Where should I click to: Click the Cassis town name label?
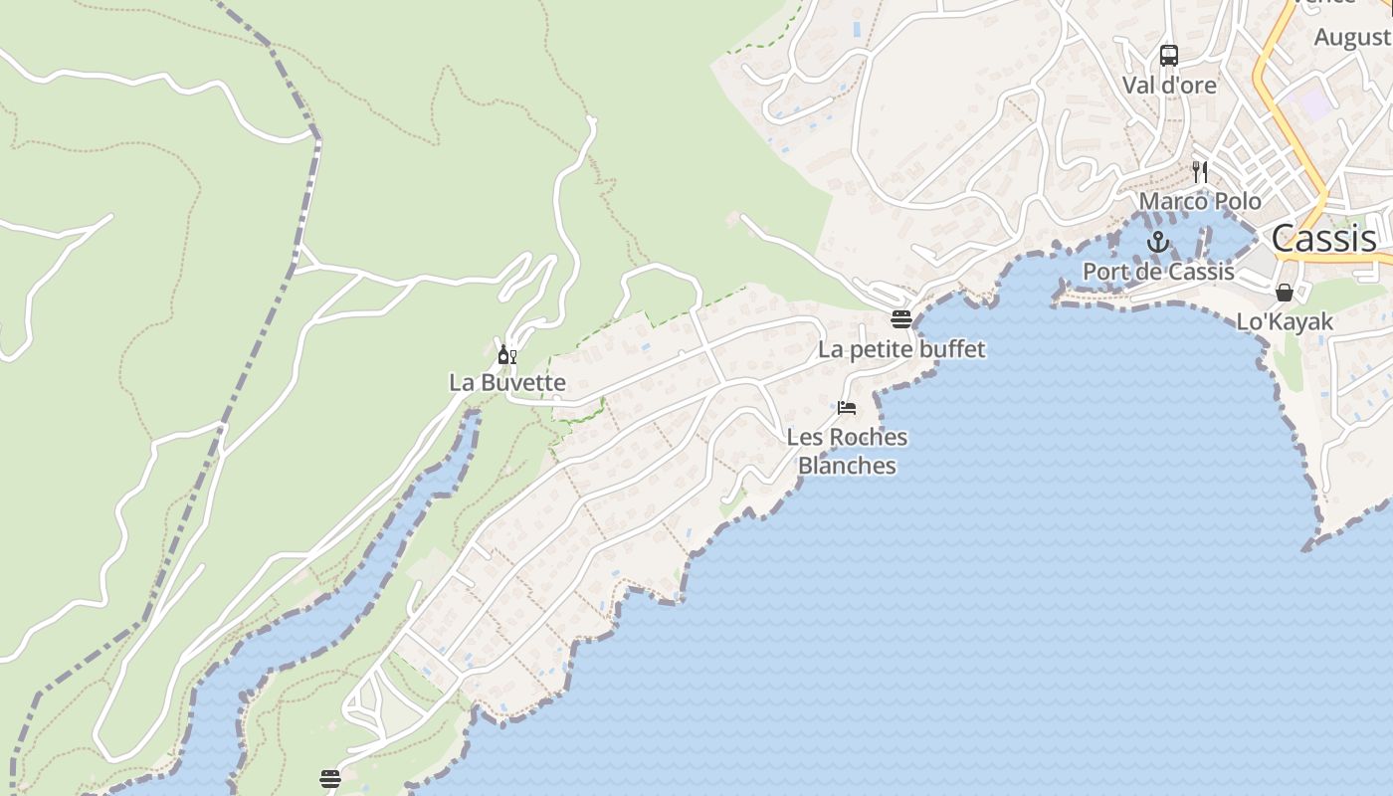[1324, 239]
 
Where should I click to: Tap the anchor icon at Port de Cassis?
[1157, 242]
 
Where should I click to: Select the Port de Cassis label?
[1158, 272]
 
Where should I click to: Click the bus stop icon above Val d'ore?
[1169, 56]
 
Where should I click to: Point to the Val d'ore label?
[1169, 86]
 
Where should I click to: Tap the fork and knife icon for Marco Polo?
[1200, 171]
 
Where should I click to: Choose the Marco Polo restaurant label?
[1200, 202]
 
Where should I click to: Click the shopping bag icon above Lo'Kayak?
[1285, 293]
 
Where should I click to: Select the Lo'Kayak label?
[1285, 322]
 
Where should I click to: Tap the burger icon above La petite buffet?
[901, 319]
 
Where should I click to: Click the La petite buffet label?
[901, 349]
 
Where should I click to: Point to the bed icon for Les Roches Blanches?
[847, 407]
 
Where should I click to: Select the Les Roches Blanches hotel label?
[847, 451]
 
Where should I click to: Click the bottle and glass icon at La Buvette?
[506, 354]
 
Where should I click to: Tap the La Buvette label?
[506, 383]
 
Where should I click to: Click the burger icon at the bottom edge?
[330, 777]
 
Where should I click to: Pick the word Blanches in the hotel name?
[847, 466]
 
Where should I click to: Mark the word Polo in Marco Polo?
[1237, 202]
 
